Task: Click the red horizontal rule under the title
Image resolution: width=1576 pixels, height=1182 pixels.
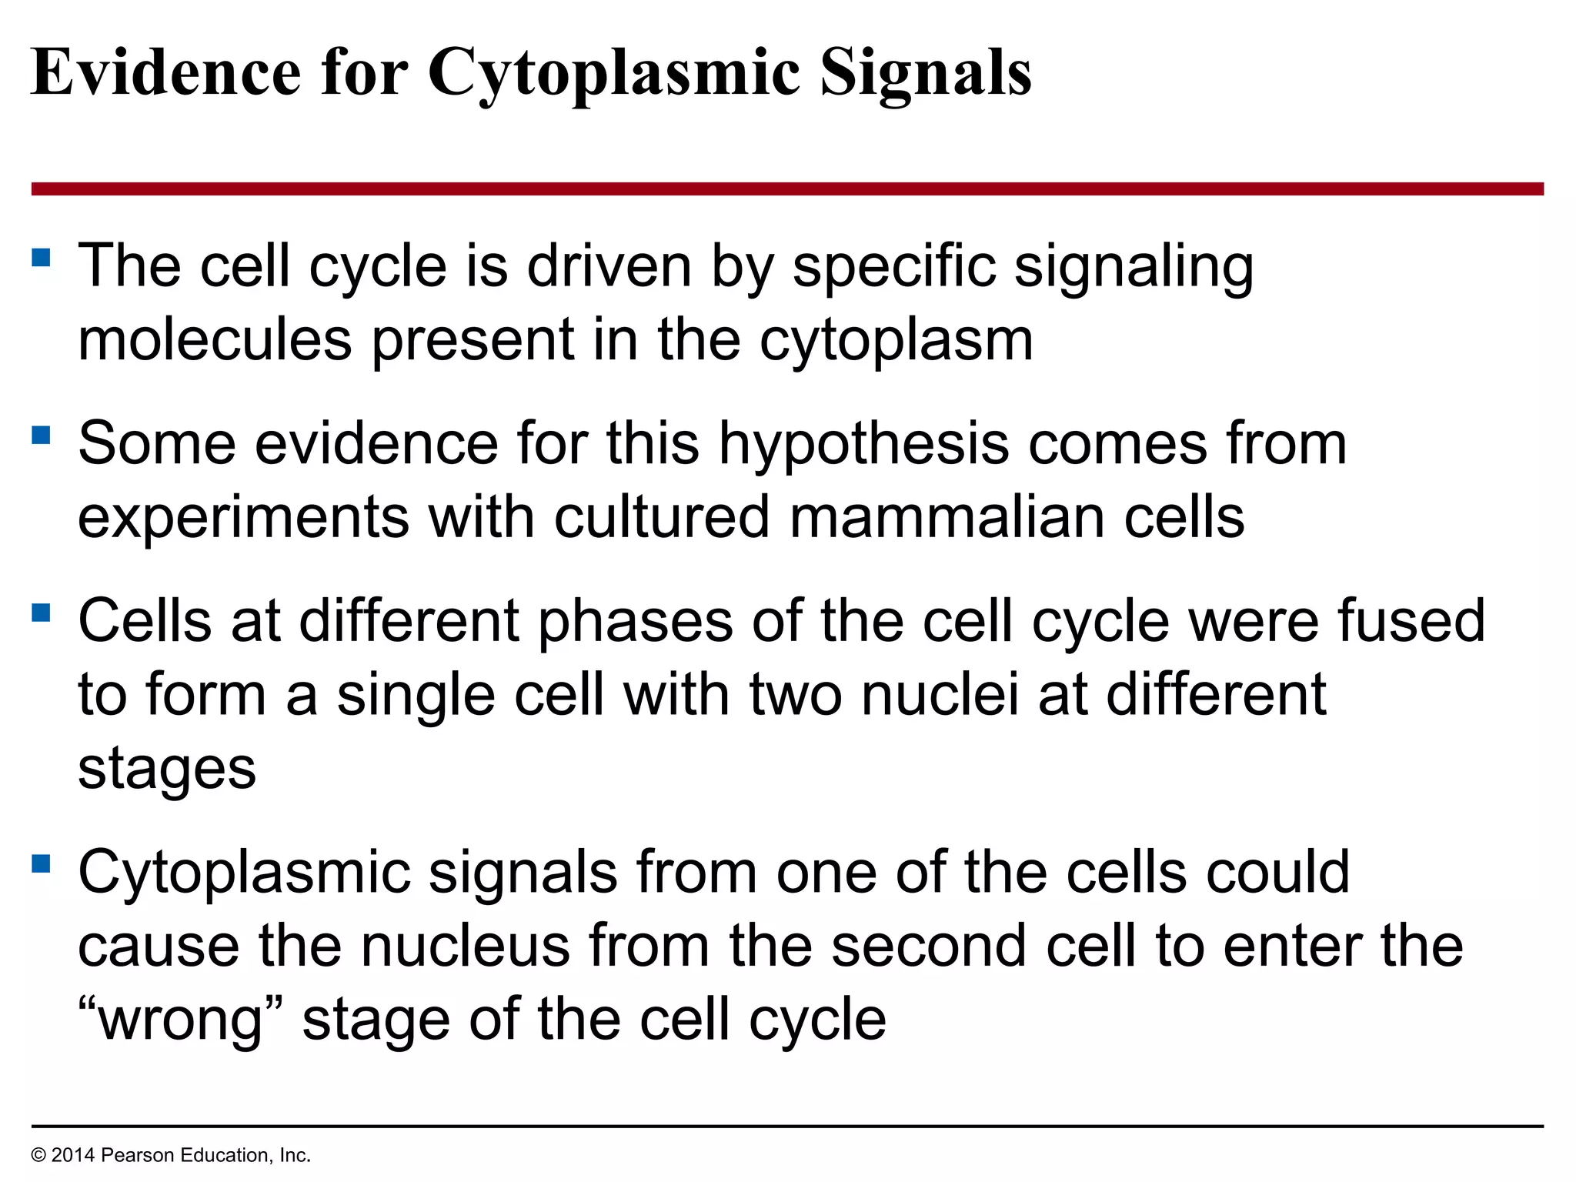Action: pyautogui.click(x=787, y=189)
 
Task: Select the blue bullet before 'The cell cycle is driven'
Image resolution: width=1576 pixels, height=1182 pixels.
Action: pyautogui.click(x=42, y=257)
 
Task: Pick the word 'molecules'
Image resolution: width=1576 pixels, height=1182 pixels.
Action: pyautogui.click(x=215, y=340)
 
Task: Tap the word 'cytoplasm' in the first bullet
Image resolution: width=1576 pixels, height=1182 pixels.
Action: pyautogui.click(x=897, y=342)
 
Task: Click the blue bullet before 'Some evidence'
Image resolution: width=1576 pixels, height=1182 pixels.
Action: pyautogui.click(x=42, y=436)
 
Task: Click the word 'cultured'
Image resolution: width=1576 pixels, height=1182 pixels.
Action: pyautogui.click(x=662, y=517)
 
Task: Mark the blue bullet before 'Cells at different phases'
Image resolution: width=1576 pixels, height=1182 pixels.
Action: pyautogui.click(x=42, y=613)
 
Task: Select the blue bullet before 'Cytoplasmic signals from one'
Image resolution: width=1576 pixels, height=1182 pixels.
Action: pyautogui.click(x=42, y=864)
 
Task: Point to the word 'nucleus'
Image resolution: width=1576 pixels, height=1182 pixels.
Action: pyautogui.click(x=466, y=946)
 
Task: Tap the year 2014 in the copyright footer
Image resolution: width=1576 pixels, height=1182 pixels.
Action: pyautogui.click(x=73, y=1155)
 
